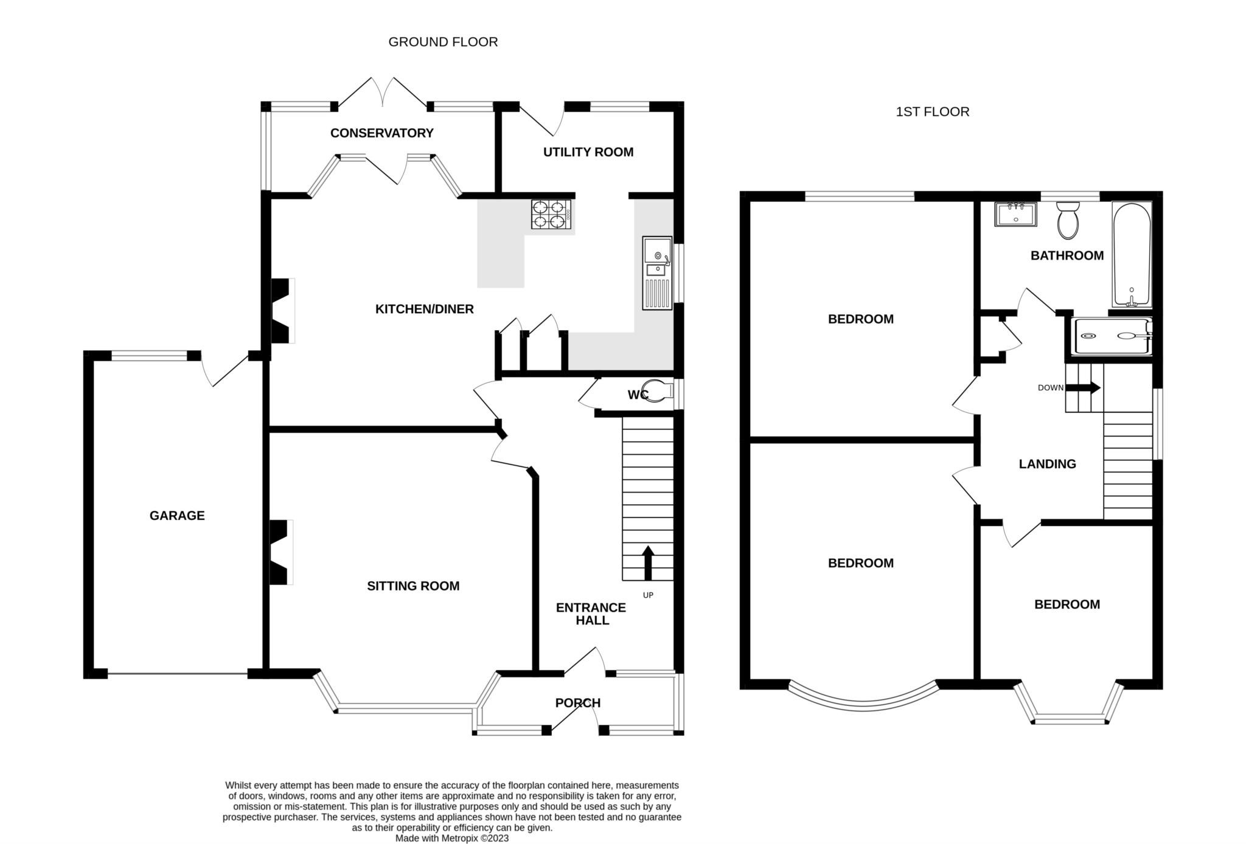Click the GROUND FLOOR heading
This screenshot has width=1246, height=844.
click(x=443, y=42)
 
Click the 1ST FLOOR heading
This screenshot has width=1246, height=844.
click(x=932, y=112)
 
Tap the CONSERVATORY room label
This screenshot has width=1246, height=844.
click(x=381, y=133)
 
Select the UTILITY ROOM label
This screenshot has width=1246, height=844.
click(x=588, y=152)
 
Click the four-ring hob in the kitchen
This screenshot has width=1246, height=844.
click(x=551, y=215)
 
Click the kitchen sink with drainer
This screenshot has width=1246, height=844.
click(x=657, y=273)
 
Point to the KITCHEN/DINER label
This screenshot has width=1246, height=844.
click(x=424, y=309)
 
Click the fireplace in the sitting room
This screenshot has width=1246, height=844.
click(x=280, y=552)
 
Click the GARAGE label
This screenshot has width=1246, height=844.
click(x=177, y=516)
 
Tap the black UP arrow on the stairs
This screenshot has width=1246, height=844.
click(x=648, y=562)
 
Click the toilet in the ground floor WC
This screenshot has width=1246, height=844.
click(x=658, y=392)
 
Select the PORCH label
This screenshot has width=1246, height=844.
click(x=577, y=703)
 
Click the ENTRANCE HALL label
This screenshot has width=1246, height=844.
click(x=591, y=614)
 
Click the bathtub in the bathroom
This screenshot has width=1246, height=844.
click(x=1131, y=254)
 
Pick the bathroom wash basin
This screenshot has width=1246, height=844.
click(x=1015, y=214)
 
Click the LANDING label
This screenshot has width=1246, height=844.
click(x=1047, y=464)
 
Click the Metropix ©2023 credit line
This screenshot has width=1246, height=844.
click(x=452, y=838)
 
